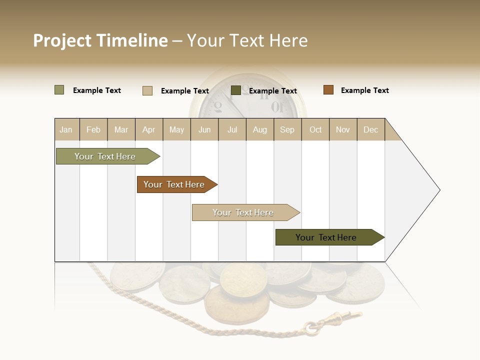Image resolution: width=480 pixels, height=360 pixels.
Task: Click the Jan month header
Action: [66, 129]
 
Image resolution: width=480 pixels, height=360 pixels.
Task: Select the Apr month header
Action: [148, 129]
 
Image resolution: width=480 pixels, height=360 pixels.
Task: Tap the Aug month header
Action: [259, 129]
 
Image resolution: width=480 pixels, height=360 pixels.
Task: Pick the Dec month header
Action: [370, 129]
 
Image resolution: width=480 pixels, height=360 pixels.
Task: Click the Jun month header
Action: [204, 129]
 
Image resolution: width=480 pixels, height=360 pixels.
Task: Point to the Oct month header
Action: [315, 129]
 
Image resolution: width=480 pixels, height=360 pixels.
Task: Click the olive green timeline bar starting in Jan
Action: [105, 156]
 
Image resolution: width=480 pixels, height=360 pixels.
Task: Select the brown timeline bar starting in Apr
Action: [174, 184]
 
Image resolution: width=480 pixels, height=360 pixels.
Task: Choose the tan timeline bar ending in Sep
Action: [243, 212]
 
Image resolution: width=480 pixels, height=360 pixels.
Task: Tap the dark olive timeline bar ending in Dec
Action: [326, 237]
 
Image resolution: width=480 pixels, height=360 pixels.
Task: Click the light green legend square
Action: [59, 90]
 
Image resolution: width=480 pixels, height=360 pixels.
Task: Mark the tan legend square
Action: [147, 90]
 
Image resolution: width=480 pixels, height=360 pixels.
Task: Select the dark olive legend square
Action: [235, 90]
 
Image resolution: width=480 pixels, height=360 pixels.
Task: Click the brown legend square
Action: [328, 90]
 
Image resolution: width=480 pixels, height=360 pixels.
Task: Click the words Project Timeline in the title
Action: [100, 40]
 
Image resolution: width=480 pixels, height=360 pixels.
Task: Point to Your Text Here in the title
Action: [247, 40]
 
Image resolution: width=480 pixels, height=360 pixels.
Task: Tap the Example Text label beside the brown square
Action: [364, 90]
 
